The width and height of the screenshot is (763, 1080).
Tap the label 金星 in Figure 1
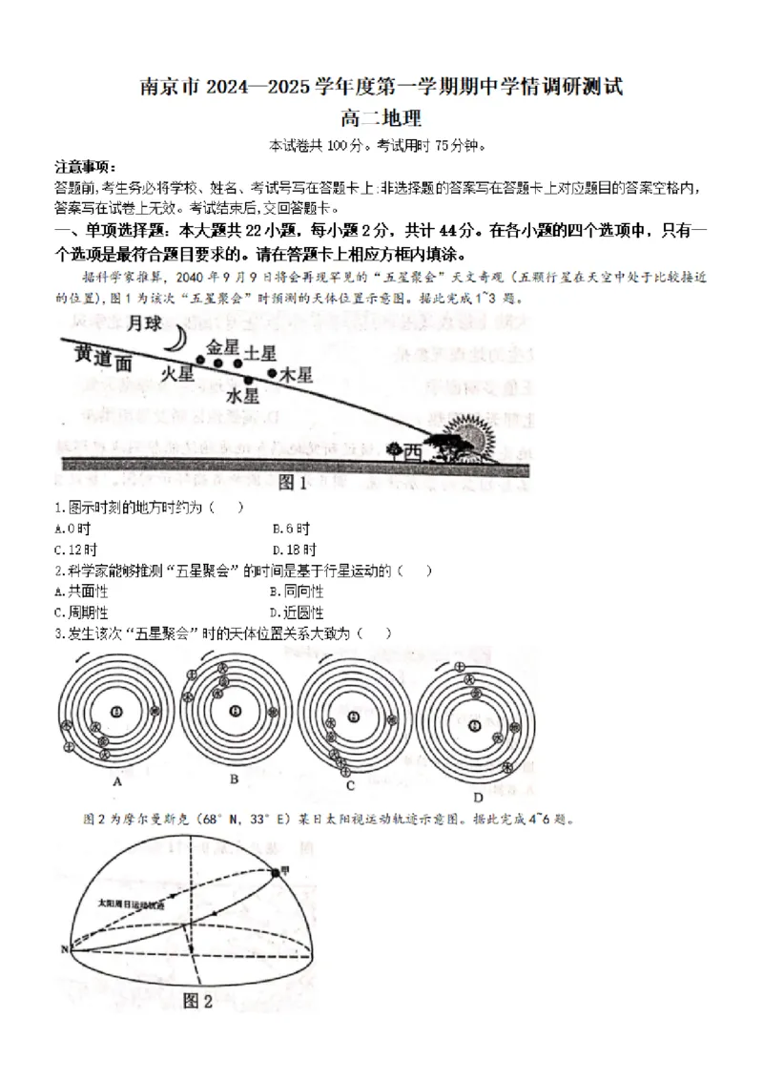coord(222,346)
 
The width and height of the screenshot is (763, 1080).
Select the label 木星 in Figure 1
coord(295,376)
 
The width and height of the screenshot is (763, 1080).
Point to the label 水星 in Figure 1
coord(243,393)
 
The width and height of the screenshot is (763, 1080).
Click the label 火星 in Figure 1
coord(177,373)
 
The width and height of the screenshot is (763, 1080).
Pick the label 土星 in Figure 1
coord(259,352)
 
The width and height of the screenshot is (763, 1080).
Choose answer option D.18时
coord(294,550)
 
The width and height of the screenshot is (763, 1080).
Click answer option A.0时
coord(72,528)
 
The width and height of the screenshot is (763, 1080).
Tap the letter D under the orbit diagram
coord(478,797)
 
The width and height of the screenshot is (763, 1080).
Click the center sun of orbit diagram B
coord(235,712)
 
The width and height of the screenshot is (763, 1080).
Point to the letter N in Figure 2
coord(65,949)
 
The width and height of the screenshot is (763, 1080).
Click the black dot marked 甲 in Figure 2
coord(274,871)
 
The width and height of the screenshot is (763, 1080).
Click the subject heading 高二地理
coord(381,118)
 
